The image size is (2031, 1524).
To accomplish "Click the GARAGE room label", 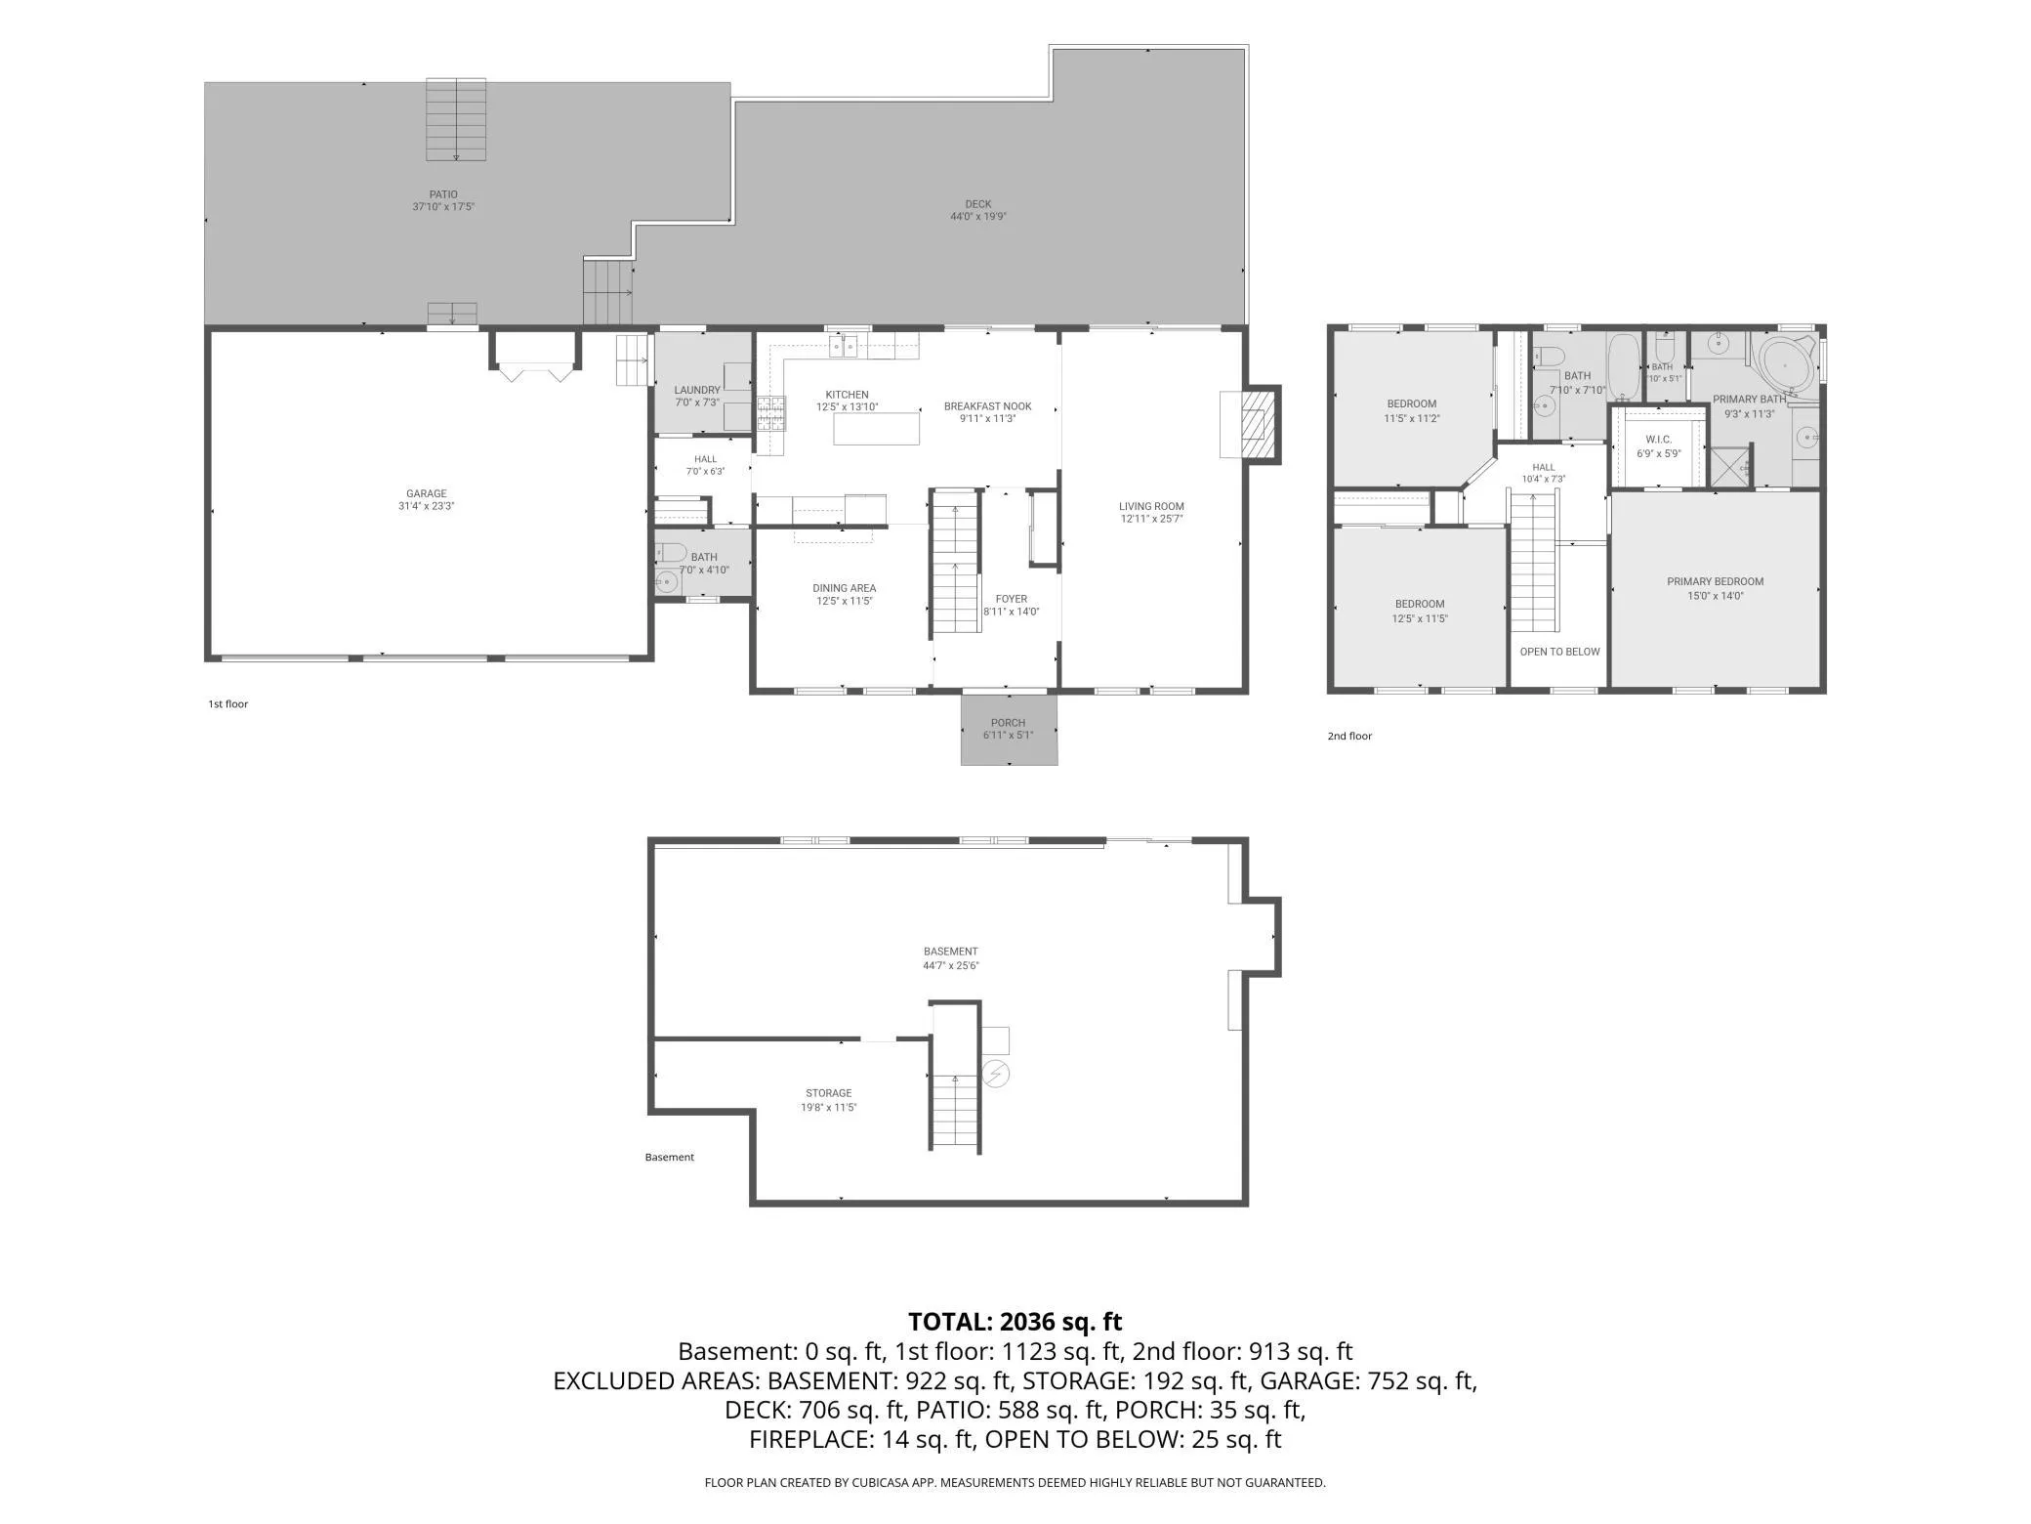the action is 427,494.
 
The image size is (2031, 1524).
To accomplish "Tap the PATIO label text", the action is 443,194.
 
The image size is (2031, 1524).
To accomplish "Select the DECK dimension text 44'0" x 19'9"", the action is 978,217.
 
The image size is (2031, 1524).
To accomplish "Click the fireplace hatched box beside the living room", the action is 1258,424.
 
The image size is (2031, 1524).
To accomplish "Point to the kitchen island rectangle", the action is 876,429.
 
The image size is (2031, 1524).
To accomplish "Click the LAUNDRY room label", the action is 697,391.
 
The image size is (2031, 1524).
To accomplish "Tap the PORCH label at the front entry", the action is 1009,724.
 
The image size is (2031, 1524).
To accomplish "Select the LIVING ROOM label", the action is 1152,507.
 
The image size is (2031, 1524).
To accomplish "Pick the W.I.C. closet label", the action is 1659,441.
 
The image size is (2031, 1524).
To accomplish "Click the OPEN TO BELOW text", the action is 1560,652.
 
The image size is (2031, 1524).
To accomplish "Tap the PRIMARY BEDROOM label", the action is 1716,582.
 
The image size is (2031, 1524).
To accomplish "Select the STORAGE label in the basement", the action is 829,1093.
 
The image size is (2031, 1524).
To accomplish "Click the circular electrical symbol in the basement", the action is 996,1075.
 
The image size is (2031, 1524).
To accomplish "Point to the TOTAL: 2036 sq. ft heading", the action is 1015,1322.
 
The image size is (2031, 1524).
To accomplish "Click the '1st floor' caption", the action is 228,704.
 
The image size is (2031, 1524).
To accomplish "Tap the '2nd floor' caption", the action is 1349,737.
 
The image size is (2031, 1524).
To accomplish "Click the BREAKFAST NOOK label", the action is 988,406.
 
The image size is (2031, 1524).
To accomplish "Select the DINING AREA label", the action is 845,588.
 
